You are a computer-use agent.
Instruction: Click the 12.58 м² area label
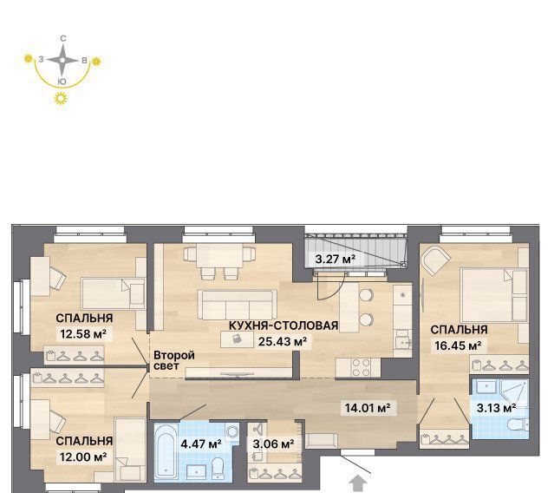pyautogui.click(x=83, y=333)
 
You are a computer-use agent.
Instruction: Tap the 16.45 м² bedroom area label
pyautogui.click(x=458, y=345)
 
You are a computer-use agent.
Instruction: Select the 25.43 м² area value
pyautogui.click(x=283, y=342)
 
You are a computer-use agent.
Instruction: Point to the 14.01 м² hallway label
pyautogui.click(x=368, y=408)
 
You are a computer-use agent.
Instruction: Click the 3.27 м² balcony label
pyautogui.click(x=335, y=260)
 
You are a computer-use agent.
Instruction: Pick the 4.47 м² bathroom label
pyautogui.click(x=201, y=444)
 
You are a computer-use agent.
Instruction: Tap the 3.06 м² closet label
pyautogui.click(x=273, y=444)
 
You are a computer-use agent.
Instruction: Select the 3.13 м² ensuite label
pyautogui.click(x=496, y=408)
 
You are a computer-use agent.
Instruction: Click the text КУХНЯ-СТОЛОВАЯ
pyautogui.click(x=284, y=325)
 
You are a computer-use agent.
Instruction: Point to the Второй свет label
pyautogui.click(x=174, y=360)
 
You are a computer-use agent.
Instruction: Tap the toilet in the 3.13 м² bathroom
pyautogui.click(x=518, y=424)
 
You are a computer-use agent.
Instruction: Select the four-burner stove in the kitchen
pyautogui.click(x=362, y=367)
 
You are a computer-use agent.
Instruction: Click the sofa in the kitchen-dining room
pyautogui.click(x=237, y=305)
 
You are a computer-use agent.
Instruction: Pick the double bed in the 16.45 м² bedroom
pyautogui.click(x=494, y=295)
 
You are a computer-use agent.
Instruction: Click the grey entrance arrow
pyautogui.click(x=359, y=483)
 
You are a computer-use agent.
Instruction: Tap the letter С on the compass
pyautogui.click(x=63, y=38)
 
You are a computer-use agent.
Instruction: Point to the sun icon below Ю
pyautogui.click(x=62, y=98)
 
